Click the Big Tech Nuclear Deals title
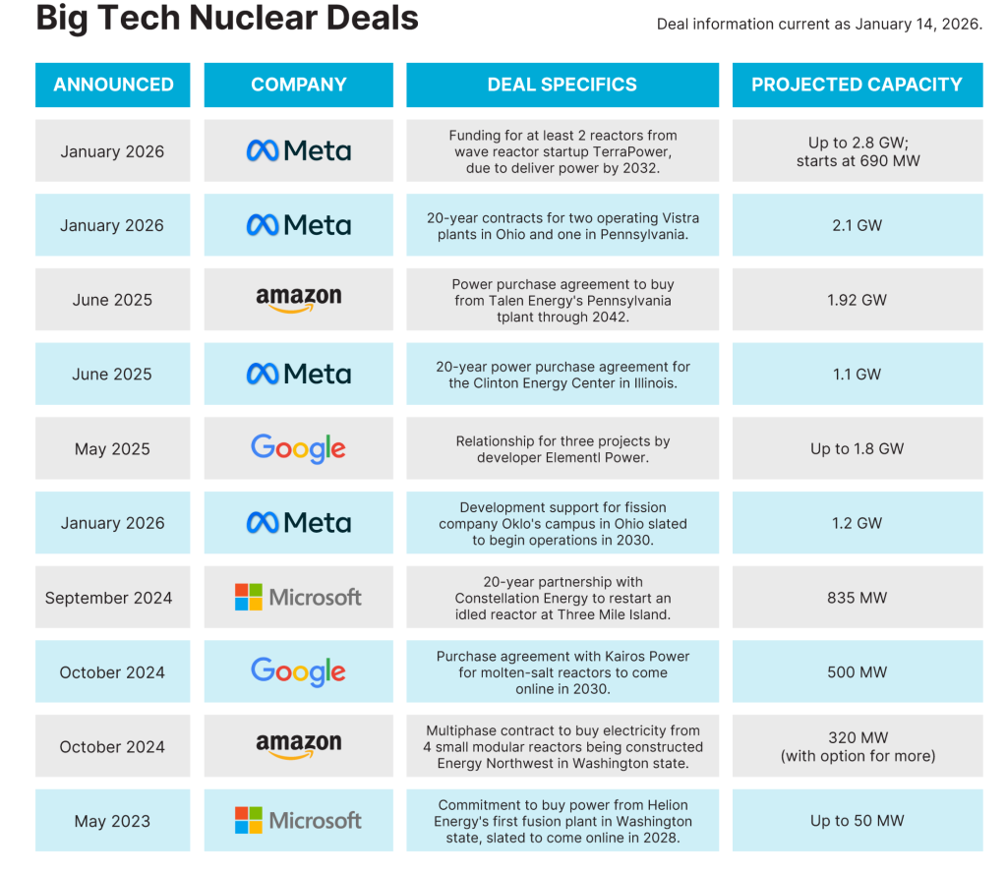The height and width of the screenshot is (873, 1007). pos(227,18)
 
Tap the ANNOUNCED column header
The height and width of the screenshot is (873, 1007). pos(113,85)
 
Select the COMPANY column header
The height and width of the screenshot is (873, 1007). pos(298,85)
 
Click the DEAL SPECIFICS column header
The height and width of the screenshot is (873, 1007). pos(562,85)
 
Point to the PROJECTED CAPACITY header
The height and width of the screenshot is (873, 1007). pos(857,85)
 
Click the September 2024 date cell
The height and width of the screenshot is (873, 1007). pos(108,598)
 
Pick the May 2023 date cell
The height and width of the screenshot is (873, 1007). pos(112,821)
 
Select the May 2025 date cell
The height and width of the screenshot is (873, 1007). pos(112,449)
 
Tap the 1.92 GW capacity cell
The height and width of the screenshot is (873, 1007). pos(857,300)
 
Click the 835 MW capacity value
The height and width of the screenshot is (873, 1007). pos(857,598)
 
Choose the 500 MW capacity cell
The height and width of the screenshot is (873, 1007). pos(857,672)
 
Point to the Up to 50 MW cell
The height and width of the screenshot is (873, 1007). pos(857,821)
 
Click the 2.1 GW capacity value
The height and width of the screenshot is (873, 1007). pos(857,225)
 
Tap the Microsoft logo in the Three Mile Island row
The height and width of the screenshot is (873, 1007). pos(298,598)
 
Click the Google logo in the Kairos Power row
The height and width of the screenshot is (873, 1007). pos(298,672)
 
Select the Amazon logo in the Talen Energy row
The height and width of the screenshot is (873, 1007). pos(298,300)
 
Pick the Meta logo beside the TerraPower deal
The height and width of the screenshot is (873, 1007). pos(298,150)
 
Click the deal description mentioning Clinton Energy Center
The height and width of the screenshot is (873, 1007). pos(563,375)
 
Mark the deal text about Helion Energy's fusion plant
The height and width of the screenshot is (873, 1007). pos(563,821)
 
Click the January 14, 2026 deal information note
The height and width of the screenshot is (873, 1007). pos(819,24)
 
